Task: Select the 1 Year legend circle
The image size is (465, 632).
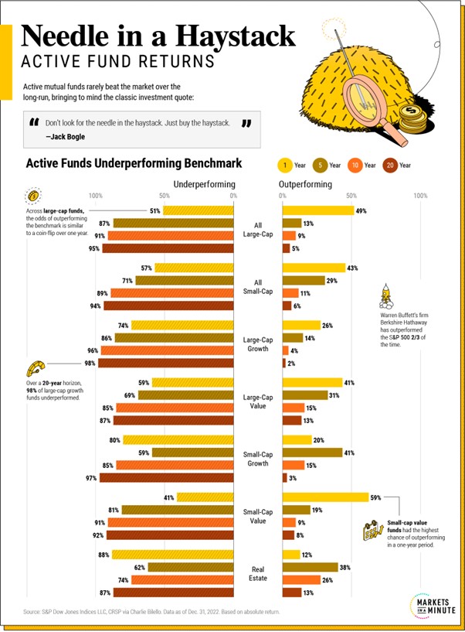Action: click(x=283, y=165)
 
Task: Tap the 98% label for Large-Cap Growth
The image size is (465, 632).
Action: click(x=90, y=363)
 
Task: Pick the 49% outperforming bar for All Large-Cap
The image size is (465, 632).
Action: click(x=317, y=210)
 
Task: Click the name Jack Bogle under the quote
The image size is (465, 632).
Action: click(x=66, y=137)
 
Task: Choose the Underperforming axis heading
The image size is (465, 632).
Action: click(x=204, y=184)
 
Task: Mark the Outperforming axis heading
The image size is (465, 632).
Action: click(x=305, y=184)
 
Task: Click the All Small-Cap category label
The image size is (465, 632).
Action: click(x=257, y=286)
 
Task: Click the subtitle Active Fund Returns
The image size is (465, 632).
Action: click(x=117, y=61)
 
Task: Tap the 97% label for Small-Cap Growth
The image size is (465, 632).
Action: click(x=91, y=478)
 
